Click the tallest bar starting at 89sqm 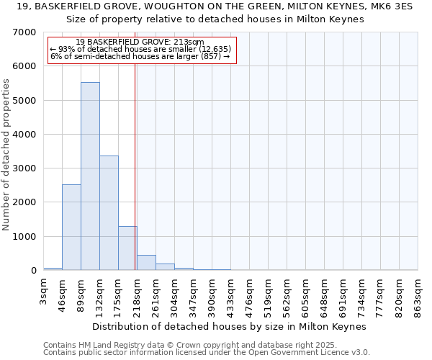90,176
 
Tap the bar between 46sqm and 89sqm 71,228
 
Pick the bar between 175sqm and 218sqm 127,248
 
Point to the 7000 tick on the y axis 26,32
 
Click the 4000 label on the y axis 26,135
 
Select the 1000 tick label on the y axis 26,237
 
